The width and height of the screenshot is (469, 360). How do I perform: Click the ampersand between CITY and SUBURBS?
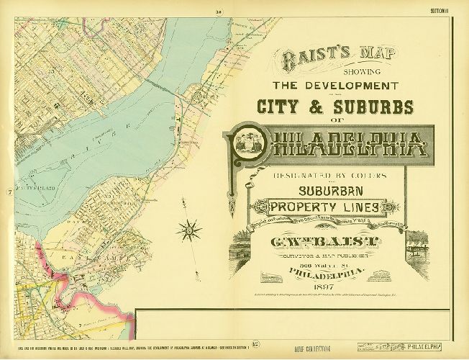(322, 107)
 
